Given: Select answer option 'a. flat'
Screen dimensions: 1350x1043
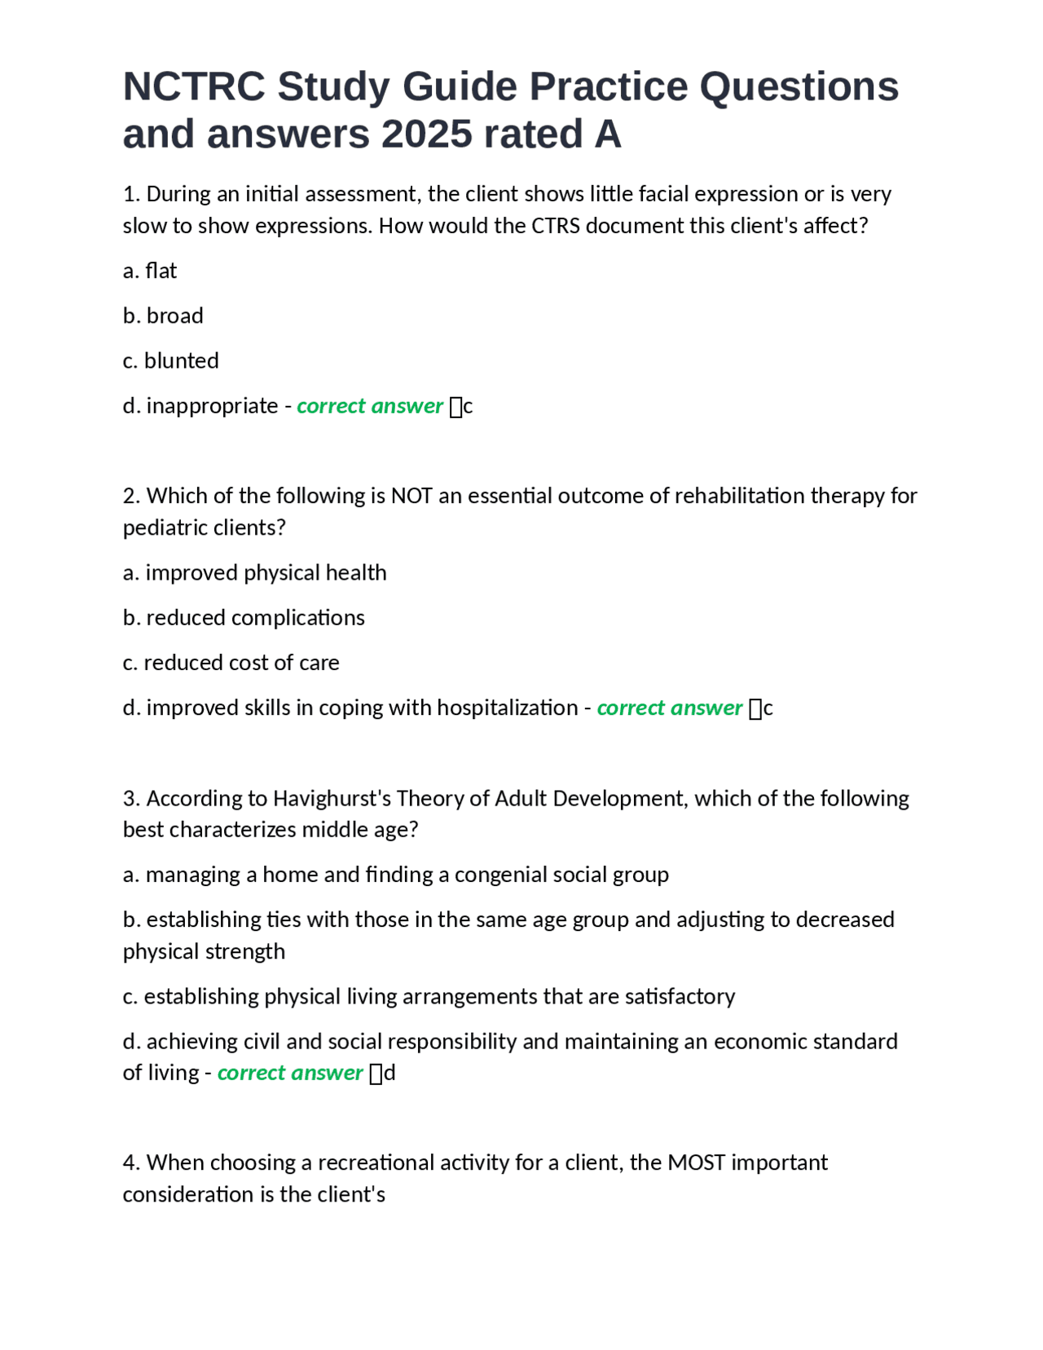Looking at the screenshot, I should click(150, 271).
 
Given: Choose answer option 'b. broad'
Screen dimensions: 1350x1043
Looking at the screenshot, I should click(163, 315).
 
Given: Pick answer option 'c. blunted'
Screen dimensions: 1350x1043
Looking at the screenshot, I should click(171, 360).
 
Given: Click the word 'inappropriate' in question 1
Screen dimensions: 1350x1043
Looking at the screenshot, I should click(212, 406).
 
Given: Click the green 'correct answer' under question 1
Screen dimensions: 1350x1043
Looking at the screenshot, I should click(370, 406).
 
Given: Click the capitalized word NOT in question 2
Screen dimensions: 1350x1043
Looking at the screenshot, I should click(411, 496).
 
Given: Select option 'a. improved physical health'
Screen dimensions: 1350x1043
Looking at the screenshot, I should click(254, 573).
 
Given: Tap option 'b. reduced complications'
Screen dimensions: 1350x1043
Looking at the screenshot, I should click(244, 618).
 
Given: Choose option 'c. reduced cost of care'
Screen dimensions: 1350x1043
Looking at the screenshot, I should click(231, 663).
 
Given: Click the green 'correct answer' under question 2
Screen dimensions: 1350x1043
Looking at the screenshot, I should click(670, 708).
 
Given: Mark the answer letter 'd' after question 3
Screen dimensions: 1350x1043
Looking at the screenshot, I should click(389, 1073).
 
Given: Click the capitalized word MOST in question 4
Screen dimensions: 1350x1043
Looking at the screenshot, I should click(696, 1162).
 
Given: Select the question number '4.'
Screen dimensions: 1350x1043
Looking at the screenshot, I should click(131, 1162).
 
